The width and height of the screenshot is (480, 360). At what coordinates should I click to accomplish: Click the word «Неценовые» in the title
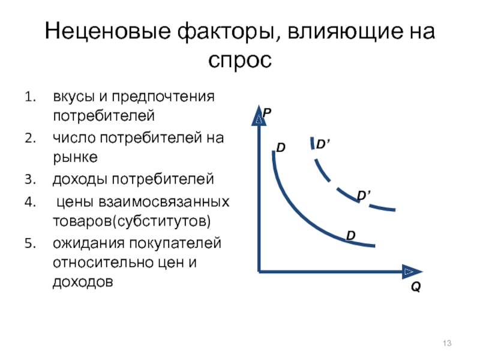click(x=107, y=31)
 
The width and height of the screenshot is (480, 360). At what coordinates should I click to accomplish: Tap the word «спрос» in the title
click(x=240, y=60)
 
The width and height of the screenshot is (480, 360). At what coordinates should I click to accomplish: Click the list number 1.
click(x=31, y=97)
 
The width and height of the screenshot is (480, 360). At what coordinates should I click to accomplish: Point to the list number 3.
click(x=31, y=179)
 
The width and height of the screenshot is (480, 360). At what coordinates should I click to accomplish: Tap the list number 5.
click(x=31, y=244)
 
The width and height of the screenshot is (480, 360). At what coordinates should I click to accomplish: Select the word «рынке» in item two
click(x=76, y=158)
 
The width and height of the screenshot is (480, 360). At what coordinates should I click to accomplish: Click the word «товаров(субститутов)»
click(x=132, y=221)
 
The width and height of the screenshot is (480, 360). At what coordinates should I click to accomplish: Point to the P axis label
click(x=267, y=113)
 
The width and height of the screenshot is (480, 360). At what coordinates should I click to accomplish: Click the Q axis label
click(x=416, y=287)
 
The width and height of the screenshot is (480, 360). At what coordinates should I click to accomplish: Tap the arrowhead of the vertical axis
click(x=259, y=115)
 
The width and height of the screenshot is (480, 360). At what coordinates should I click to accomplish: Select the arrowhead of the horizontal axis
click(x=412, y=272)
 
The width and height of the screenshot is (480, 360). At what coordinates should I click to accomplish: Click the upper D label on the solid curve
click(x=281, y=148)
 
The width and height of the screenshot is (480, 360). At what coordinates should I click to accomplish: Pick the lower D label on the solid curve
click(x=351, y=235)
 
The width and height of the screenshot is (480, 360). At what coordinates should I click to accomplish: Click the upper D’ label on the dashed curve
click(x=323, y=144)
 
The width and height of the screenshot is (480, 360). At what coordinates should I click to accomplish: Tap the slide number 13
click(x=447, y=343)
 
